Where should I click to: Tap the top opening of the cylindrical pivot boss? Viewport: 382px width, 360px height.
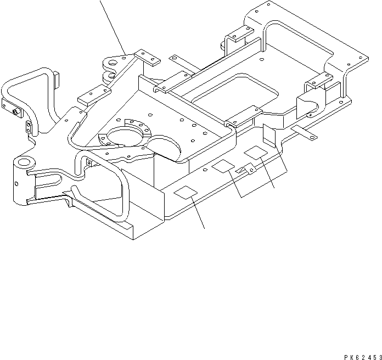click(25, 162)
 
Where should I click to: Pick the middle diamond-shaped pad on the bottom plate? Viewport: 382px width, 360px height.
click(223, 166)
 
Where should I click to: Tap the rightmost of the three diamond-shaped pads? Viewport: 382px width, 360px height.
click(255, 152)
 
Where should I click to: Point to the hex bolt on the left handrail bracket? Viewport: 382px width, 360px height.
click(15, 113)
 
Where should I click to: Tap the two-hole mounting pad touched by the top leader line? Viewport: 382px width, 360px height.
click(144, 55)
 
